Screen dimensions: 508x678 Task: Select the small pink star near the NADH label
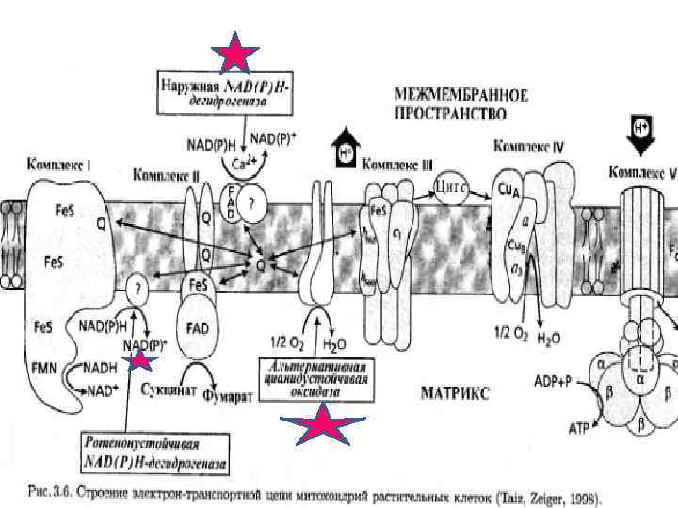pyautogui.click(x=140, y=358)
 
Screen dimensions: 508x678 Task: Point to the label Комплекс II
pyautogui.click(x=167, y=174)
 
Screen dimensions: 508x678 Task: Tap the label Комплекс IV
pyautogui.click(x=529, y=147)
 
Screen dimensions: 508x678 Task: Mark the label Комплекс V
pyautogui.click(x=644, y=172)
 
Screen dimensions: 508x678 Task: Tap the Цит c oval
pyautogui.click(x=453, y=185)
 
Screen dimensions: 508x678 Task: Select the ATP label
pyautogui.click(x=581, y=427)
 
